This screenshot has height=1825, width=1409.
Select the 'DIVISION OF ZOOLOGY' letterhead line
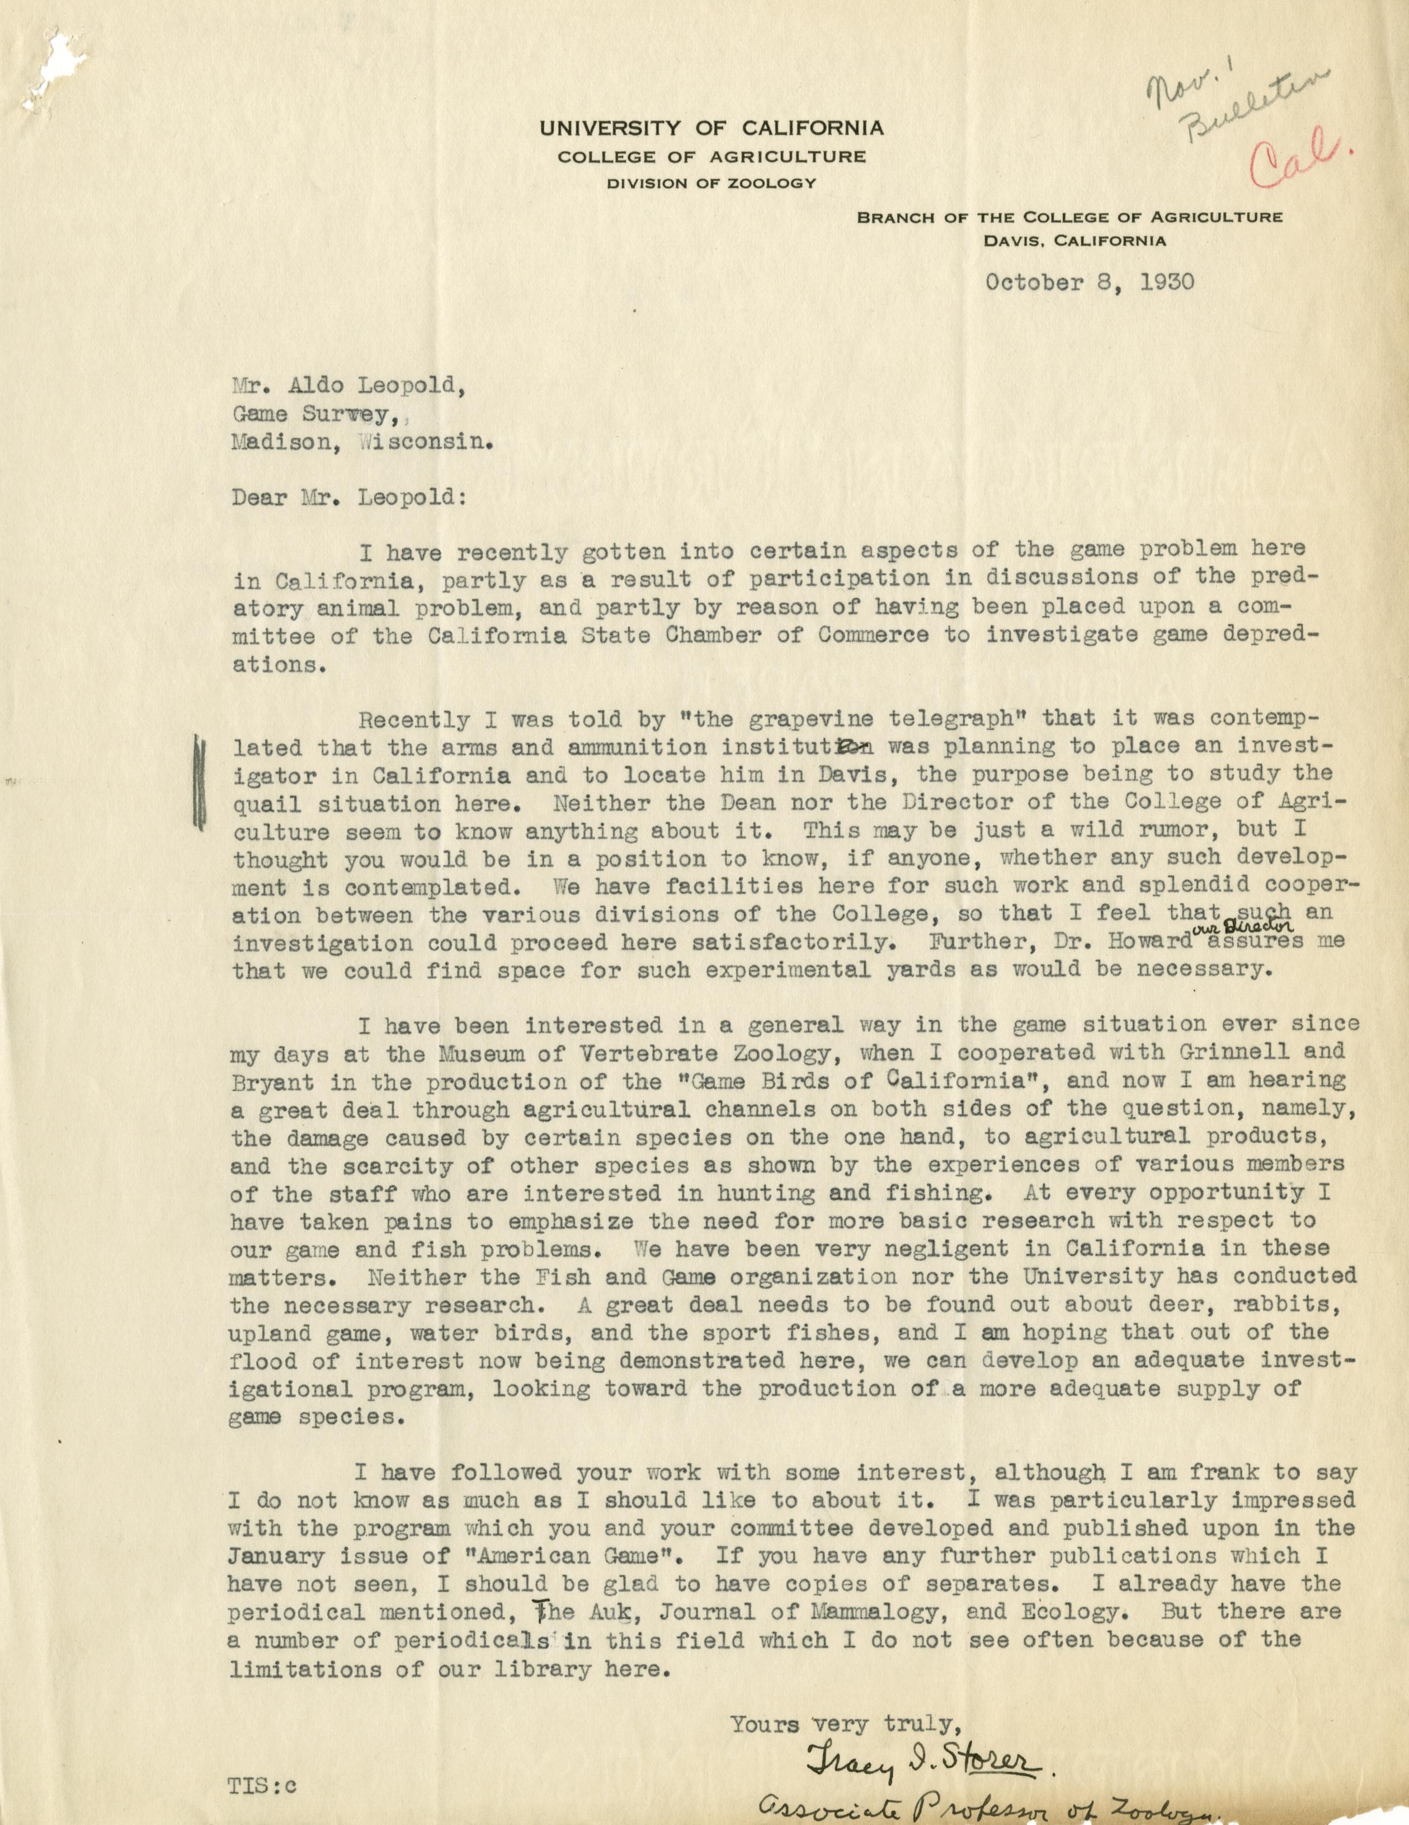pyautogui.click(x=711, y=183)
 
